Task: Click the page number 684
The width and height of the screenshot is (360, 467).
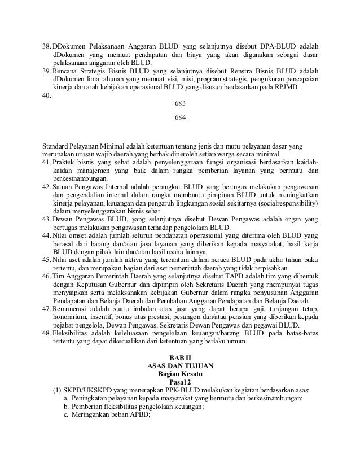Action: pyautogui.click(x=180, y=118)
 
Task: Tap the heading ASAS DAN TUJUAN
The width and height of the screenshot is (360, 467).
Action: pyautogui.click(x=180, y=366)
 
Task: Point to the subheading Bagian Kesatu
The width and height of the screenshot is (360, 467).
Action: pyautogui.click(x=180, y=374)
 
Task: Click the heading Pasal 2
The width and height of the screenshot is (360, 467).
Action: pyautogui.click(x=180, y=382)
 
